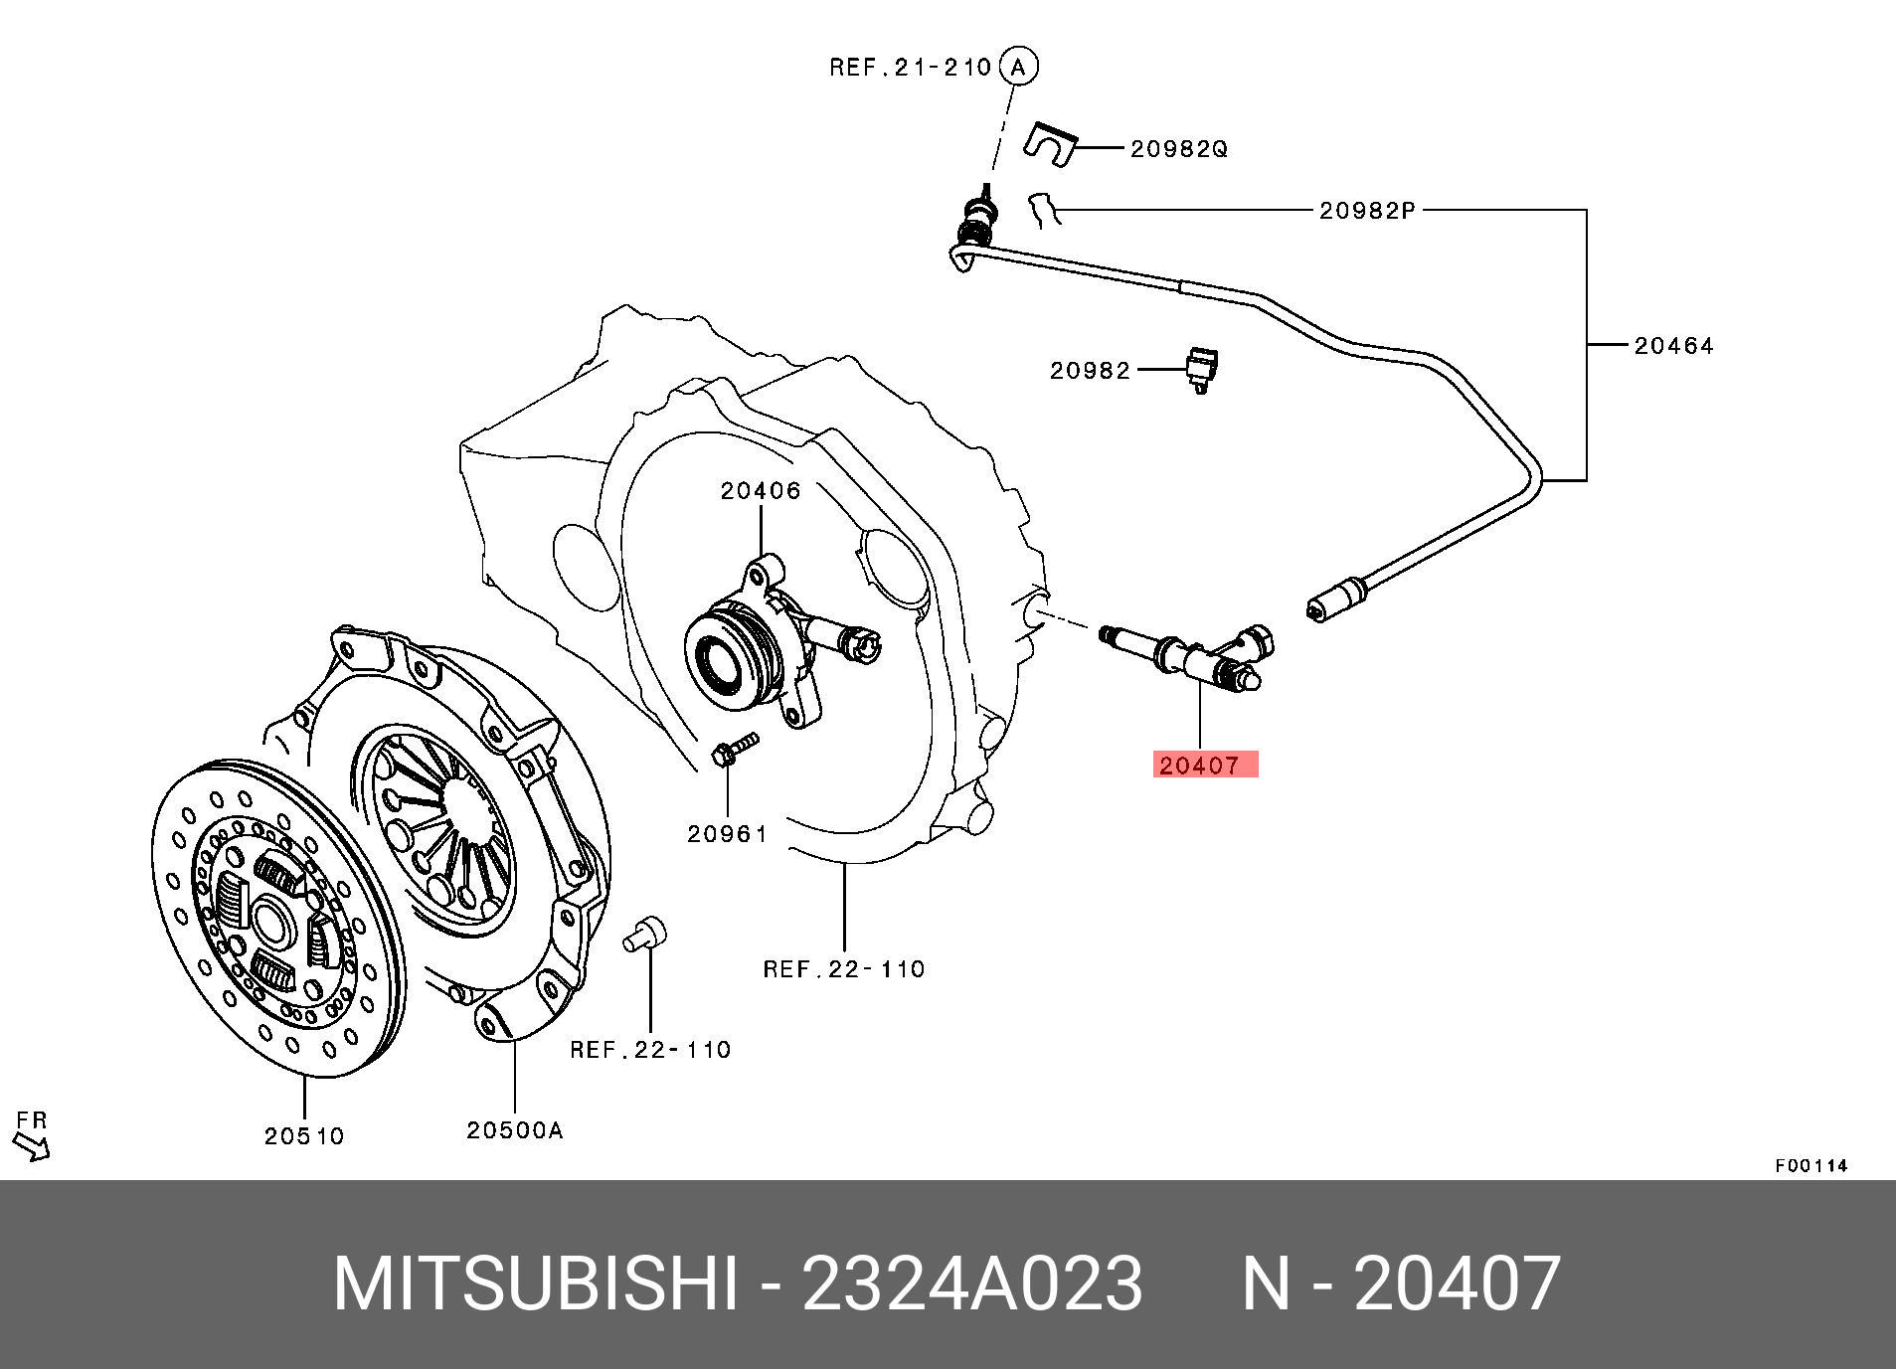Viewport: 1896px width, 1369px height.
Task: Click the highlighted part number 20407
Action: (1203, 765)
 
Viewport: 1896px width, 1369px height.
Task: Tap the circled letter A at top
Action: (1018, 67)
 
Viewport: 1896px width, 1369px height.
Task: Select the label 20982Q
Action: (1178, 149)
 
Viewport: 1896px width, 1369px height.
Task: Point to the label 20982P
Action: (1367, 211)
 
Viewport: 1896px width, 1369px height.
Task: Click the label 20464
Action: (1674, 346)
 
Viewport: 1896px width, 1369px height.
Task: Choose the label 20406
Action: (761, 491)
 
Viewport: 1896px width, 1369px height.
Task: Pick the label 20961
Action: (728, 834)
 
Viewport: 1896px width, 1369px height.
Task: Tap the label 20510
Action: (304, 1135)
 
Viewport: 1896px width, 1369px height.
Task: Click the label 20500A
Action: (515, 1130)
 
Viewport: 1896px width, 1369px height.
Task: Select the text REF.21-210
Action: (911, 68)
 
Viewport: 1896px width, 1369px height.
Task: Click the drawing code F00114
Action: (1810, 1165)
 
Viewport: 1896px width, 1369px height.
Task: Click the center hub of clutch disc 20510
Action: (272, 921)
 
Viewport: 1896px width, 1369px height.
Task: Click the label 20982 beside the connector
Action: (1090, 371)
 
